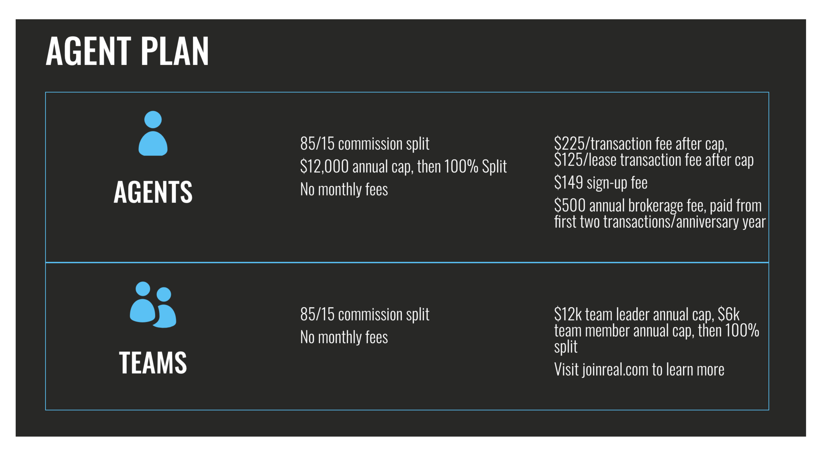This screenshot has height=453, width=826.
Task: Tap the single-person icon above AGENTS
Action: pos(153,133)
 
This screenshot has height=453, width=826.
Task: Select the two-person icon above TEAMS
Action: pos(153,304)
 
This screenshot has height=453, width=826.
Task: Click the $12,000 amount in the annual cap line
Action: pos(324,166)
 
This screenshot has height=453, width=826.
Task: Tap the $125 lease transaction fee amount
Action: pos(569,160)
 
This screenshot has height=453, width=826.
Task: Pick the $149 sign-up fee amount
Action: pos(569,182)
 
